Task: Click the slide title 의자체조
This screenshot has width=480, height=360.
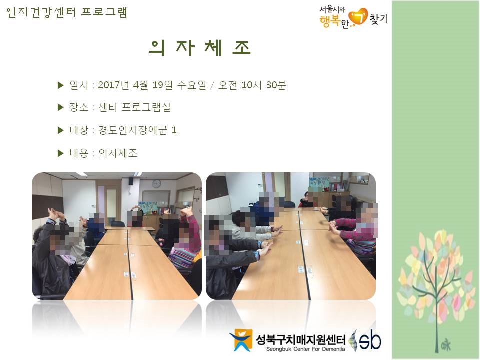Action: pos(200,48)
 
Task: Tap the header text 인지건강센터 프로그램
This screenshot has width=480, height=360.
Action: pos(66,12)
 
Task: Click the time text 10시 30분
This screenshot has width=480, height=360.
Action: pos(263,85)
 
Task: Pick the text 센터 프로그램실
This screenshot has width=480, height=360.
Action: pos(134,107)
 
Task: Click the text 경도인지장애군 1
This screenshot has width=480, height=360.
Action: pos(137,130)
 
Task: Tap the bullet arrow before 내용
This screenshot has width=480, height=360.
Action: pos(60,153)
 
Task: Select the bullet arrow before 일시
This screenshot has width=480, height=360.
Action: pos(60,85)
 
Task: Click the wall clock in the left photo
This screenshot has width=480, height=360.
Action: pos(156,183)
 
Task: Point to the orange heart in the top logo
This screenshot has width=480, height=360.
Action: pos(358,17)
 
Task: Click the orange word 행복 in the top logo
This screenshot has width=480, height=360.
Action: pos(329,21)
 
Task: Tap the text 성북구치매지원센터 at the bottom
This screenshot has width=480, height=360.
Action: pos(300,340)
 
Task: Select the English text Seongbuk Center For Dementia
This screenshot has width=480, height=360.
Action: pos(305,349)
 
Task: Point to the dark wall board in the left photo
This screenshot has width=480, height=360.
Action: pos(47,206)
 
